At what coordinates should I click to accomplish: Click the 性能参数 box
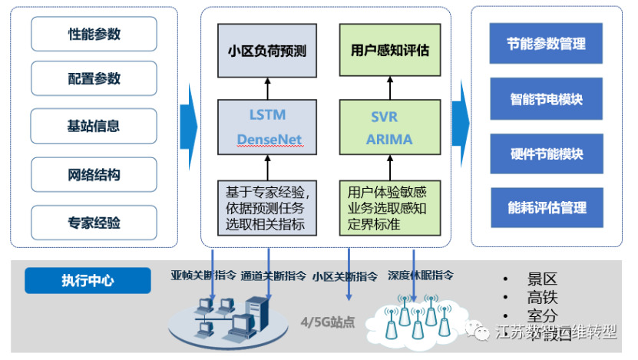click(x=94, y=35)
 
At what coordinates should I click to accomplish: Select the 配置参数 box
click(x=94, y=79)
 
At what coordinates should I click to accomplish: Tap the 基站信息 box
click(x=94, y=126)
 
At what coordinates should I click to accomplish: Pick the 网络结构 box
click(x=94, y=174)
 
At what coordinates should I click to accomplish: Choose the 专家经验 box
click(x=94, y=223)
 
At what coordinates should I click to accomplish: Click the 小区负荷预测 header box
click(x=267, y=51)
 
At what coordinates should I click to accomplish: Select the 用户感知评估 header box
click(x=390, y=51)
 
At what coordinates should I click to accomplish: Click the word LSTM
click(x=267, y=115)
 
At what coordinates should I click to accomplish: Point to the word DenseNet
click(x=269, y=140)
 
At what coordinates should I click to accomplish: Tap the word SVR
click(x=384, y=117)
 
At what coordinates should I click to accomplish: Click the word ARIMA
click(x=389, y=140)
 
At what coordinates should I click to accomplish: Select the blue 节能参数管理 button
click(x=546, y=43)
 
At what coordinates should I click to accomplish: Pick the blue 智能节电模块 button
click(x=546, y=99)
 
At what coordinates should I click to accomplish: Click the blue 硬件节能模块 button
click(x=546, y=154)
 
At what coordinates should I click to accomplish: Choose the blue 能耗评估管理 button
click(x=546, y=207)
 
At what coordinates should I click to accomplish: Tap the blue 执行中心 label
click(x=88, y=281)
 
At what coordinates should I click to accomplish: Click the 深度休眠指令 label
click(x=421, y=275)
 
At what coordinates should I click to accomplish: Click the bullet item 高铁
click(x=541, y=297)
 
